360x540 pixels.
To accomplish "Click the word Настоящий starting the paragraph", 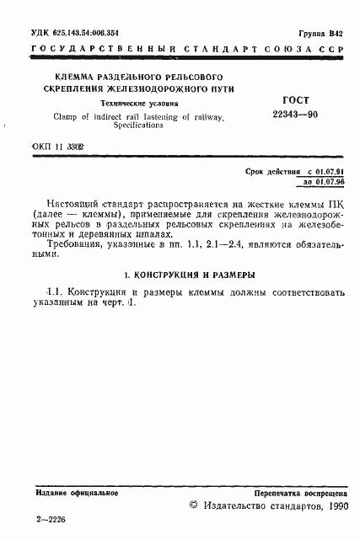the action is pos(73,205).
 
